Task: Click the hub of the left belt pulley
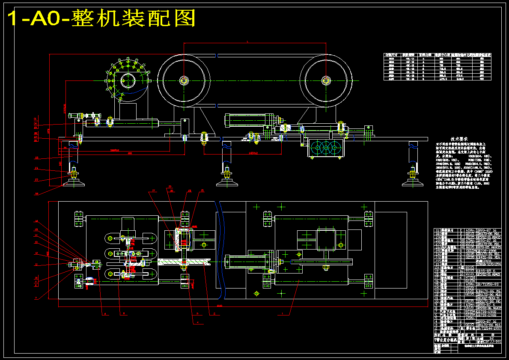click(184, 80)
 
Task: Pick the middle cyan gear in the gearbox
click(327, 149)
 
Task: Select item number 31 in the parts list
click(438, 230)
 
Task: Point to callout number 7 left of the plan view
click(36, 298)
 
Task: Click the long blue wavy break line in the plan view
click(220, 250)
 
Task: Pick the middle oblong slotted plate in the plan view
click(128, 254)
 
